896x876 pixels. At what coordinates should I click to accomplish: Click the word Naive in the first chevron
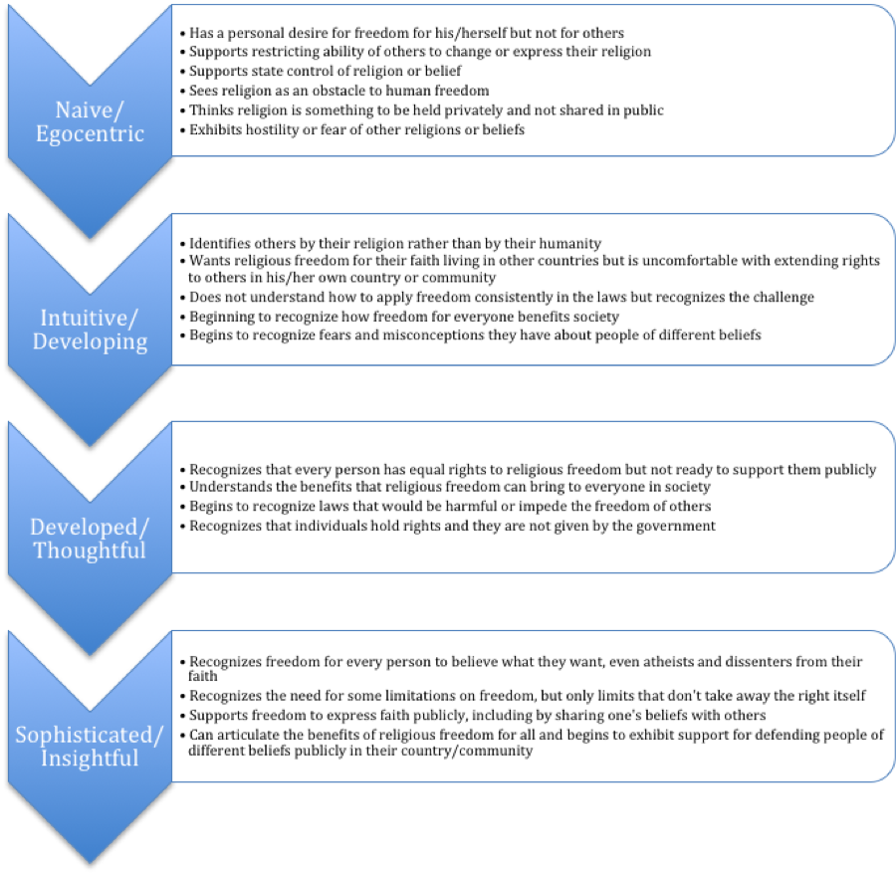tap(84, 109)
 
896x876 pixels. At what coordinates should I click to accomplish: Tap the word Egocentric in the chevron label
tap(90, 133)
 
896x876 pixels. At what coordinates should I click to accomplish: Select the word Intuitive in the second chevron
tap(84, 318)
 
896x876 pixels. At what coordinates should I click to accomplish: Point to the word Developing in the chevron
tap(90, 342)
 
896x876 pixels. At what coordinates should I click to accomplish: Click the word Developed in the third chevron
tap(84, 528)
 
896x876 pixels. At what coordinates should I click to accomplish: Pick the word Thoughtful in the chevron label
tap(90, 550)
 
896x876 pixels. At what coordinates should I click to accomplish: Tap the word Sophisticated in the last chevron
tap(84, 735)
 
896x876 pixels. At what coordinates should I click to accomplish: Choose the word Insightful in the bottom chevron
tap(90, 759)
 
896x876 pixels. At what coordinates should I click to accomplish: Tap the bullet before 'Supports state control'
tap(183, 72)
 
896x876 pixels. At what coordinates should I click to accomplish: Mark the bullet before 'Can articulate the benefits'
tap(183, 736)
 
